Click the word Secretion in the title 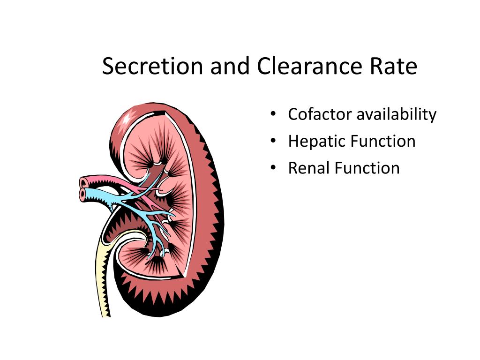click(152, 66)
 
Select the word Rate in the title click(393, 66)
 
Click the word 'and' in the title click(230, 66)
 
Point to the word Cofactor click(320, 114)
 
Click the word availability click(397, 115)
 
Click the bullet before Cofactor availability click(273, 114)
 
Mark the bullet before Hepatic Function click(273, 141)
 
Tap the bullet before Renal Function click(273, 168)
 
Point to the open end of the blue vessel click(82, 195)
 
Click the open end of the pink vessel click(83, 183)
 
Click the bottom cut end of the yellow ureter click(106, 315)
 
